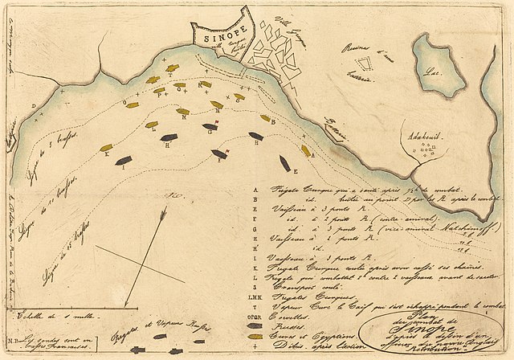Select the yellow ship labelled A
(x=305, y=150)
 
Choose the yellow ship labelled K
(x=105, y=148)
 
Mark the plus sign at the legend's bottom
(x=256, y=347)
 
